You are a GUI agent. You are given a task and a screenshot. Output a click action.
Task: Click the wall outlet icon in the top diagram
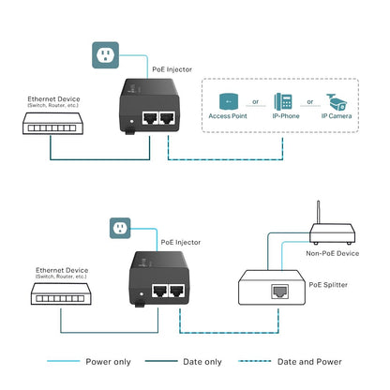pos(106,55)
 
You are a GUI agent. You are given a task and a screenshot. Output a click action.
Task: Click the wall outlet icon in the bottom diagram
pos(119,228)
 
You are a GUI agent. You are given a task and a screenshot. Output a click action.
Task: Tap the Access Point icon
pos(227,102)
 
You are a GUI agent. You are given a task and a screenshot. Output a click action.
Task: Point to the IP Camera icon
pos(337,102)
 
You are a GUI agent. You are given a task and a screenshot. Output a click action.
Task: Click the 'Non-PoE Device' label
pos(333,251)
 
